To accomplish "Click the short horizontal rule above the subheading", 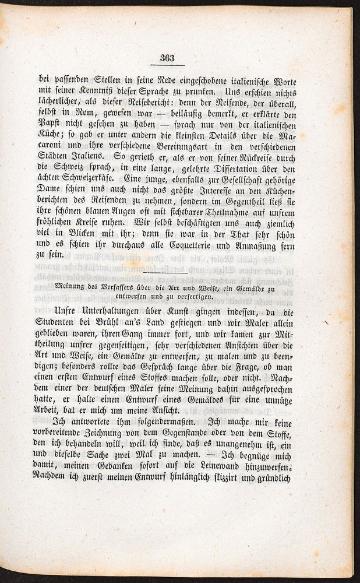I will pyautogui.click(x=165, y=272).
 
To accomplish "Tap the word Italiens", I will pyautogui.click(x=86, y=157).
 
